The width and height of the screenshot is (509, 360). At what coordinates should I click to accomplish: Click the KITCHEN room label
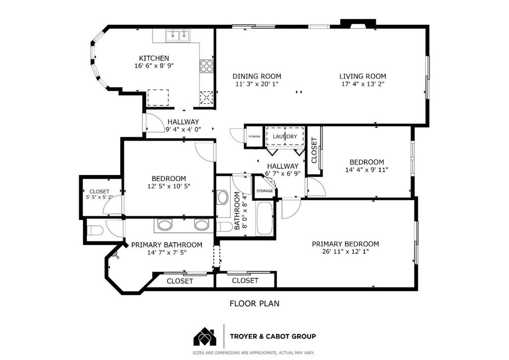point(154,58)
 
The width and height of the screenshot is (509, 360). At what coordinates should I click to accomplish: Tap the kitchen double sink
point(177,35)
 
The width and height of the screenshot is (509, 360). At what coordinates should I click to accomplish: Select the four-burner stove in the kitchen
point(206,66)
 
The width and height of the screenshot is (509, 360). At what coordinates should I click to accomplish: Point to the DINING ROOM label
point(257,76)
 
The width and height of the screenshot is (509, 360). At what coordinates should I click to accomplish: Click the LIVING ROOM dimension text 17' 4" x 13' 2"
point(362,84)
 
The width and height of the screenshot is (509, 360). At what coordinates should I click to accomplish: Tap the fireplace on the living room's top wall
point(358,24)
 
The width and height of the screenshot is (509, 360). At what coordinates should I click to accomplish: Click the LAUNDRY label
point(285,136)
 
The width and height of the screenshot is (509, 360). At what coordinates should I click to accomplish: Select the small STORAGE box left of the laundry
point(254,137)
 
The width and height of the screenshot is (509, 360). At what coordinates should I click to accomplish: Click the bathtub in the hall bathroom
point(264,218)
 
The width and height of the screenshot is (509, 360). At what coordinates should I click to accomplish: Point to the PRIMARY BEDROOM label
point(345,244)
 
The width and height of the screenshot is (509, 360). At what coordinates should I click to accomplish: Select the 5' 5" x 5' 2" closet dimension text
point(99,197)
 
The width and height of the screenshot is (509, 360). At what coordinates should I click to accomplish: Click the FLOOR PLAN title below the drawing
point(254,303)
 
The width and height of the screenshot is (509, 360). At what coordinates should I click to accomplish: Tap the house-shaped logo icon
point(205,337)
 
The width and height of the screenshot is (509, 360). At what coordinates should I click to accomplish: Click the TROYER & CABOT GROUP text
point(273,336)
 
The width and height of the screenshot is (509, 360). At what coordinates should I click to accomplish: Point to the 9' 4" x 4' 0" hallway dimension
point(183,129)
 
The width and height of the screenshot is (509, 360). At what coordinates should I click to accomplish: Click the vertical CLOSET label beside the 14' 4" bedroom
point(314,150)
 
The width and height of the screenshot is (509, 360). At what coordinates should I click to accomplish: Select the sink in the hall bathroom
point(223,197)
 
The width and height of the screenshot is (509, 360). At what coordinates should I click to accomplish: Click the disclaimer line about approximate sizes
point(254,353)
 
